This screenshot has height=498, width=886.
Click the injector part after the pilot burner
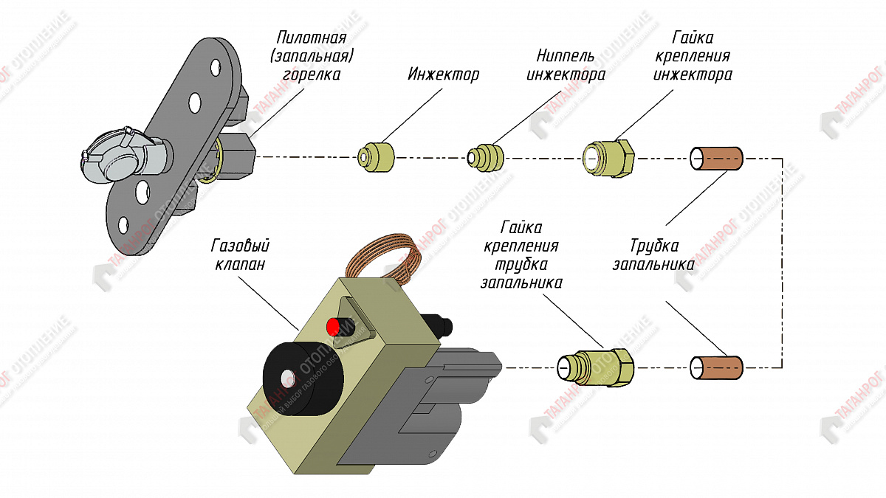point(376,156)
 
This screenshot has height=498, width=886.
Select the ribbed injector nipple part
point(485,157)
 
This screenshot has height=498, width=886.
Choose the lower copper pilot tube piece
point(716,367)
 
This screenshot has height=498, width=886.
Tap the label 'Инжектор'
point(443,75)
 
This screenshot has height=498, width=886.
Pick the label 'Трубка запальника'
point(654,255)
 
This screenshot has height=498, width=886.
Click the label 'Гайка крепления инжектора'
point(693,56)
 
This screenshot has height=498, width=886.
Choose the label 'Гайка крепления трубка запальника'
point(521,254)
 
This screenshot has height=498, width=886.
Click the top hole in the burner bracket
point(216,67)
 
